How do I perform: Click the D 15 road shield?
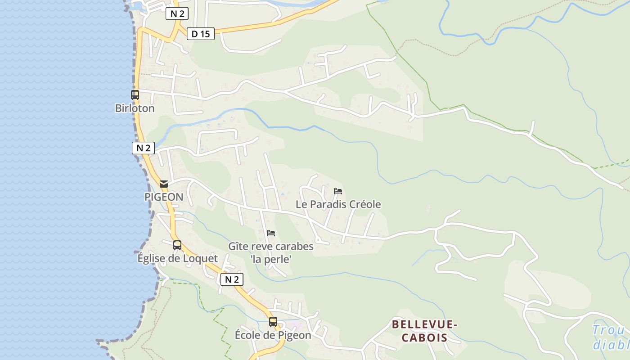click(201, 34)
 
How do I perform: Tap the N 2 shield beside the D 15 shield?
click(177, 13)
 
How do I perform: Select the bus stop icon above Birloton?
click(135, 95)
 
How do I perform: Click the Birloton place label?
click(135, 108)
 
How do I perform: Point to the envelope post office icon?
click(164, 184)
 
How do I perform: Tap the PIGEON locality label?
click(164, 197)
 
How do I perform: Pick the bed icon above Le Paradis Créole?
click(338, 191)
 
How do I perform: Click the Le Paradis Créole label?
click(338, 204)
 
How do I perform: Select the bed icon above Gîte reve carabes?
click(271, 233)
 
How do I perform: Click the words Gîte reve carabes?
click(271, 247)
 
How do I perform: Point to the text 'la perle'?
click(271, 259)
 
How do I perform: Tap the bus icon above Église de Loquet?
click(177, 245)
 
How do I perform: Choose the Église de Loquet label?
click(177, 259)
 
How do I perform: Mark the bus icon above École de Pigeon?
click(273, 322)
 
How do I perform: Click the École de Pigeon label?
click(273, 335)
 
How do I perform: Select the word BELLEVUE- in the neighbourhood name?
click(424, 324)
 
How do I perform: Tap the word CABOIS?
click(424, 337)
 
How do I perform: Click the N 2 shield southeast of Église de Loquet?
click(232, 279)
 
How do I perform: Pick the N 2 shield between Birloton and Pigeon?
click(143, 148)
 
